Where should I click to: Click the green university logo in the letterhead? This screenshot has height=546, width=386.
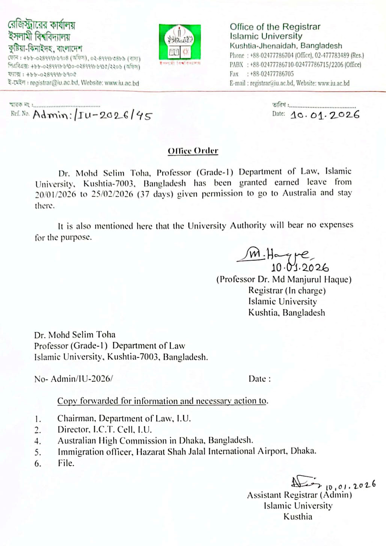179,42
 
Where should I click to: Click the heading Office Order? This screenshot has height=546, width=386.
193,151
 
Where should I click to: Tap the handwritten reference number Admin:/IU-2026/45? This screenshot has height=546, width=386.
92,114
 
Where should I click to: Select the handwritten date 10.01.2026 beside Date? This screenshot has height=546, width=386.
325,115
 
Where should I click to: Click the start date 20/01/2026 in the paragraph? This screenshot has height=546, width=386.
56,194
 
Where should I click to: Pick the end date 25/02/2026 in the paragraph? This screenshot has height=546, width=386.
112,194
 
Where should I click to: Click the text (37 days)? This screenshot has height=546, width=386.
155,194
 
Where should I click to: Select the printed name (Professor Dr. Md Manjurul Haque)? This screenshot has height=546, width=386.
283,279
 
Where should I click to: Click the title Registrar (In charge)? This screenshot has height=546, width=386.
286,290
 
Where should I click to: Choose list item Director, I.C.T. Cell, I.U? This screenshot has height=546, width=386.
104,429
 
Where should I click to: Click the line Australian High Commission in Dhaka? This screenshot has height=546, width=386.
155,440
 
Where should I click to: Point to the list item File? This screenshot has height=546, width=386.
66,463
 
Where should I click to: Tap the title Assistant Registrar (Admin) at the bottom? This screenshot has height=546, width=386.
299,495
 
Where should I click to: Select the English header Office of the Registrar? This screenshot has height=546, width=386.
275,27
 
